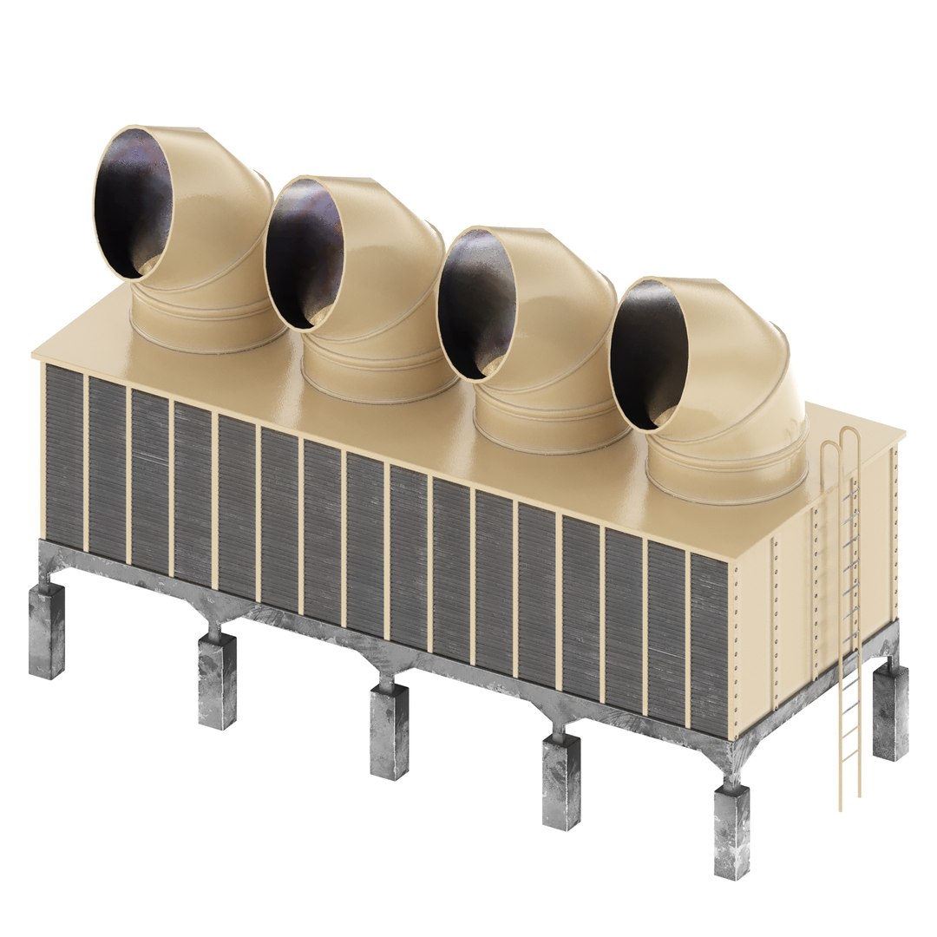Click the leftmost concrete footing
point(46,629)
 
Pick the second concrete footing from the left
point(216,680)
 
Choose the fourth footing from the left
point(561,782)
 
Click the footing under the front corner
point(731,833)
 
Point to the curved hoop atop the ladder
point(841,447)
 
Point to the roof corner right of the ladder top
point(899,434)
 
